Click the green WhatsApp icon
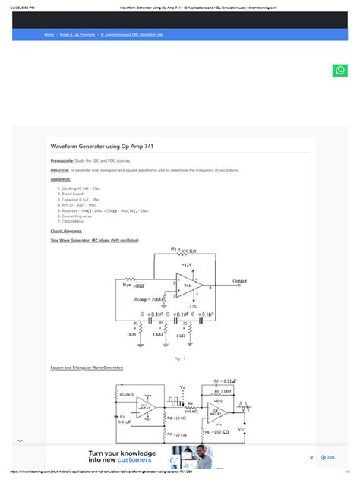click(x=339, y=71)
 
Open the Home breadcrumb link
click(x=49, y=35)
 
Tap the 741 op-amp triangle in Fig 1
click(x=185, y=287)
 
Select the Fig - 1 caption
click(x=181, y=356)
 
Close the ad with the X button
click(x=311, y=457)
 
